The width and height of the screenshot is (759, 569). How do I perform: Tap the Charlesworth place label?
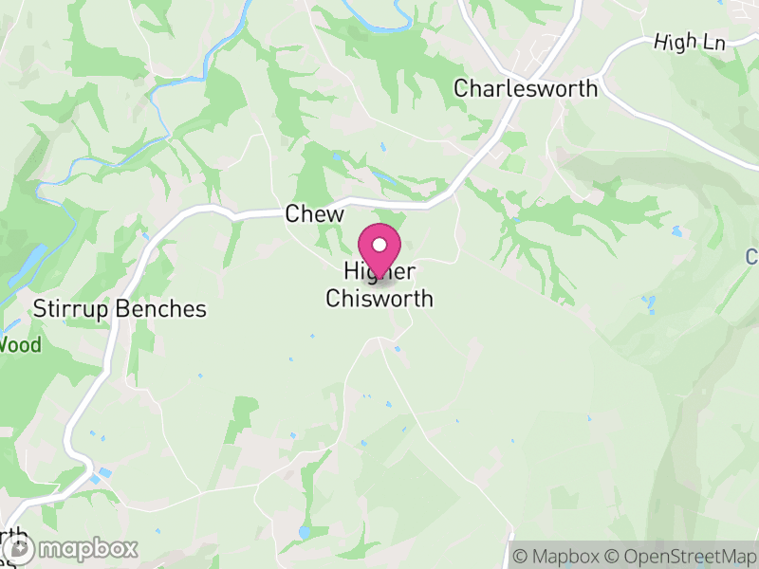click(526, 88)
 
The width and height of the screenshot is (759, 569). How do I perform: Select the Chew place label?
click(314, 215)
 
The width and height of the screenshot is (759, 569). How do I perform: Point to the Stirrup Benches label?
click(120, 309)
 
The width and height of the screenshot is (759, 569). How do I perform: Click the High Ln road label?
click(689, 43)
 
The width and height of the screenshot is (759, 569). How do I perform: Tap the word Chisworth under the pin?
click(379, 299)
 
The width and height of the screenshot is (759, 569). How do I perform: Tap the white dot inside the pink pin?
click(379, 245)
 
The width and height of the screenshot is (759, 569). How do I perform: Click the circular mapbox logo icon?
click(19, 548)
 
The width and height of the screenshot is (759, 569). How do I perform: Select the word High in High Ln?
click(675, 43)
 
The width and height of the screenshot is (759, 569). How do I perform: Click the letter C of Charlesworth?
click(461, 88)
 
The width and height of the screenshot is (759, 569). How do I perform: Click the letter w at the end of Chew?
click(334, 215)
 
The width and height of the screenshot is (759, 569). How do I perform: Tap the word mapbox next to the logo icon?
click(88, 548)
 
